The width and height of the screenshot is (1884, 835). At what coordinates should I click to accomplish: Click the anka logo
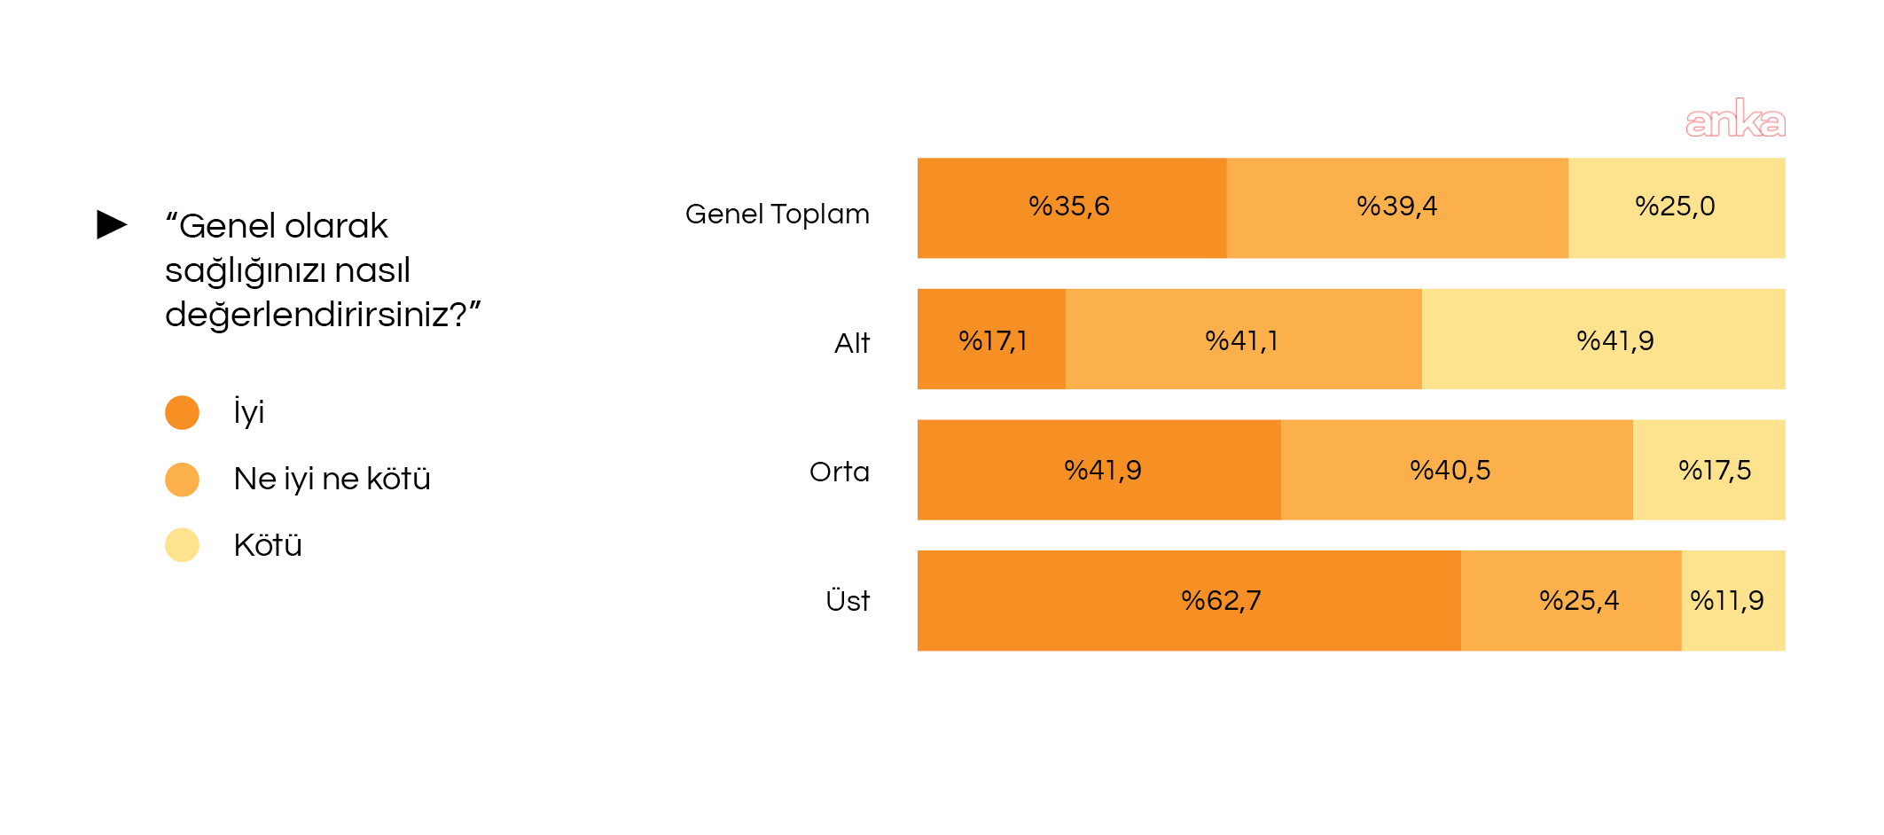(x=1735, y=118)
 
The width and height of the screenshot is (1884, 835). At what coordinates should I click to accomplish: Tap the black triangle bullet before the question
(x=112, y=224)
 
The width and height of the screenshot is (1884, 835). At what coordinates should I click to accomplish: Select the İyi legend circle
(x=182, y=412)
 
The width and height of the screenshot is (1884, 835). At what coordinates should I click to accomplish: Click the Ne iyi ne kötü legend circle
(x=182, y=480)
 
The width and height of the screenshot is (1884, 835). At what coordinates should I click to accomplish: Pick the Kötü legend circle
(x=182, y=545)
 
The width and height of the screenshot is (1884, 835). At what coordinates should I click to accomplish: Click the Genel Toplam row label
(x=778, y=215)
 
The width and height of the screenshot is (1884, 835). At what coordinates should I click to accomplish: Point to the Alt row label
(x=852, y=343)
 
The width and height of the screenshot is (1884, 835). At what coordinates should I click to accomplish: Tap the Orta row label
(x=840, y=472)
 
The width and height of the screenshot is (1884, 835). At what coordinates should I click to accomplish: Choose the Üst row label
(x=848, y=599)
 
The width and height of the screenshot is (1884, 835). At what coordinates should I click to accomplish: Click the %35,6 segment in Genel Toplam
(x=1072, y=208)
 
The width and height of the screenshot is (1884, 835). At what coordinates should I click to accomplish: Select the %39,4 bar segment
(x=1397, y=208)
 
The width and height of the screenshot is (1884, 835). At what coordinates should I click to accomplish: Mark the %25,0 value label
(x=1675, y=207)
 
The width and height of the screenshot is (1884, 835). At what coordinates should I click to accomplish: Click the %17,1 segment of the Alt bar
(x=991, y=339)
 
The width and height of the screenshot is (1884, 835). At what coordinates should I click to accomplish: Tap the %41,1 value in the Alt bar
(x=1241, y=341)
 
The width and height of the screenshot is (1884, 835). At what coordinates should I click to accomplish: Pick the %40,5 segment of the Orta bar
(x=1457, y=470)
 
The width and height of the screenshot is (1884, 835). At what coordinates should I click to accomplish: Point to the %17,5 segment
(x=1709, y=470)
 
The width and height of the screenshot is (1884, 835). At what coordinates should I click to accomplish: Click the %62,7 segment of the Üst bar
(x=1189, y=601)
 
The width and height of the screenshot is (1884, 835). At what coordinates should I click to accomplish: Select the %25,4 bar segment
(x=1571, y=601)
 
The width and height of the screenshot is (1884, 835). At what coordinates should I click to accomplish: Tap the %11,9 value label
(x=1727, y=601)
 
